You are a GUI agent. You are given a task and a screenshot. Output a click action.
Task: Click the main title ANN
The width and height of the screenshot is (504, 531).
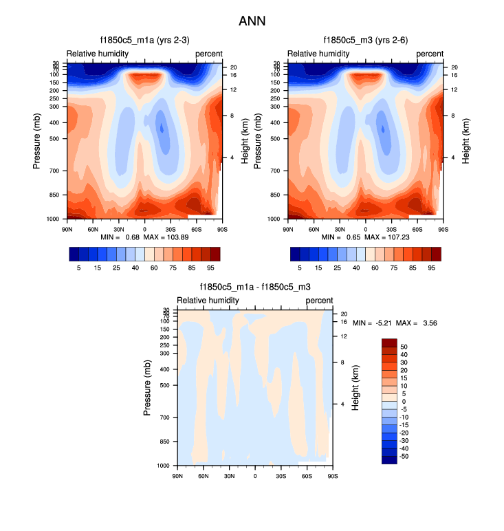pos(252,21)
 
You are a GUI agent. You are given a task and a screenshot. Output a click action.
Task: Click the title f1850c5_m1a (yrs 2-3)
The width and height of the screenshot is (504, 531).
pos(144,40)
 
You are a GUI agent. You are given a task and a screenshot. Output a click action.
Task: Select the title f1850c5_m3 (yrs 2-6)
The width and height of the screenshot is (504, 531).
pos(365,40)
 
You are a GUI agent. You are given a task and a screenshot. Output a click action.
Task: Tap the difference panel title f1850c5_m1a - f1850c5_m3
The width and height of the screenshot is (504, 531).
pos(255,288)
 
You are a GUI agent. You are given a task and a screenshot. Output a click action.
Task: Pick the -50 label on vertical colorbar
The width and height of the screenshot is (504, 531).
pos(405,456)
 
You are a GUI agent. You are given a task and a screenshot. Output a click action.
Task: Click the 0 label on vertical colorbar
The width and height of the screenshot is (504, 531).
pos(404,401)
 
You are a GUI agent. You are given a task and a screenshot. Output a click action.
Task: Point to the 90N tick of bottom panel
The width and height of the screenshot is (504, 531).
pos(177,475)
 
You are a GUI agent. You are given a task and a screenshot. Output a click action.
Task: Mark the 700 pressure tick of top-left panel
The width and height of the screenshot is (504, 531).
pos(54,170)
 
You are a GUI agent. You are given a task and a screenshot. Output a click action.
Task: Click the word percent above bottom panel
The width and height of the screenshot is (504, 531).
pos(319,301)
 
